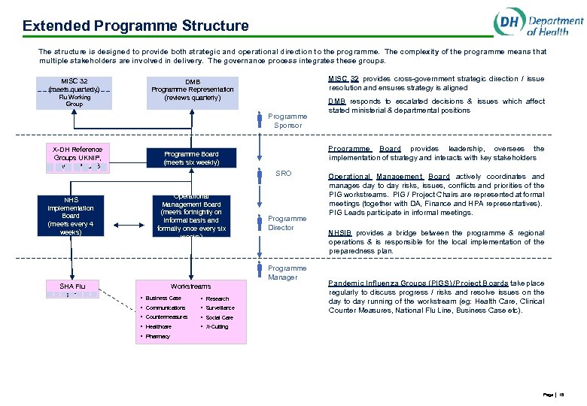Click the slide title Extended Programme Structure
pos(135,26)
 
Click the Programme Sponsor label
pos(287,121)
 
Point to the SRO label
pos(283,174)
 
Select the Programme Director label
pos(287,223)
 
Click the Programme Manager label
pos(287,273)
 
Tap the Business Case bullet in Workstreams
pos(163,298)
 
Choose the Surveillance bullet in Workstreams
pos(220,308)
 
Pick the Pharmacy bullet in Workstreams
pos(158,336)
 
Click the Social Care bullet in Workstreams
pos(219,317)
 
